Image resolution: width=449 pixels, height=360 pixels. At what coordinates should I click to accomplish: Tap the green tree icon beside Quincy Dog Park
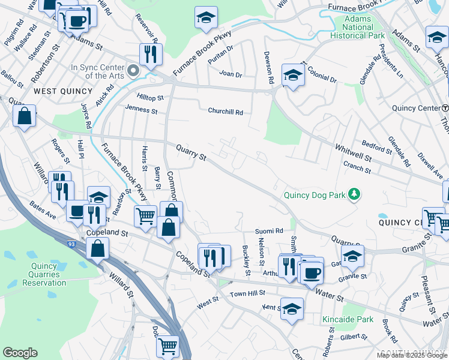(x=355, y=193)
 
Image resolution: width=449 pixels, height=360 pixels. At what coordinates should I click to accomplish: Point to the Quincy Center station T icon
(x=445, y=108)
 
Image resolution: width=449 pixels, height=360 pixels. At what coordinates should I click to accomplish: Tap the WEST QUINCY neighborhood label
(x=63, y=91)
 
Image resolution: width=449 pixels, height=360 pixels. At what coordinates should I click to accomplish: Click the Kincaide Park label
(x=348, y=319)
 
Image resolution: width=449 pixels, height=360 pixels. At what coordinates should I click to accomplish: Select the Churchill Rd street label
(x=225, y=112)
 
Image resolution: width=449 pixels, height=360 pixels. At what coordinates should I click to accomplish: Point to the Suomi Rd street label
(x=270, y=230)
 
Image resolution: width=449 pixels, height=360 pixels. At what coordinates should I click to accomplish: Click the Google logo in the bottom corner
(x=20, y=353)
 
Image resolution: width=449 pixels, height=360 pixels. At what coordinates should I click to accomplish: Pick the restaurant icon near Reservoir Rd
(x=149, y=54)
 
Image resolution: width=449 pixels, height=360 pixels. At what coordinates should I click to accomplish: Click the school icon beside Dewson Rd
(x=292, y=75)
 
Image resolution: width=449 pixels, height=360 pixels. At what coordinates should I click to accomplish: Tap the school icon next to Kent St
(x=292, y=309)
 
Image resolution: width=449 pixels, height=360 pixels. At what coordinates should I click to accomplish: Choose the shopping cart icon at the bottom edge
(x=167, y=346)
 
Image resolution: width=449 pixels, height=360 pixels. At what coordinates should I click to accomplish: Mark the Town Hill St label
(x=247, y=295)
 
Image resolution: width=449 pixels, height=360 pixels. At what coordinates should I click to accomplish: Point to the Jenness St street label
(x=141, y=110)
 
